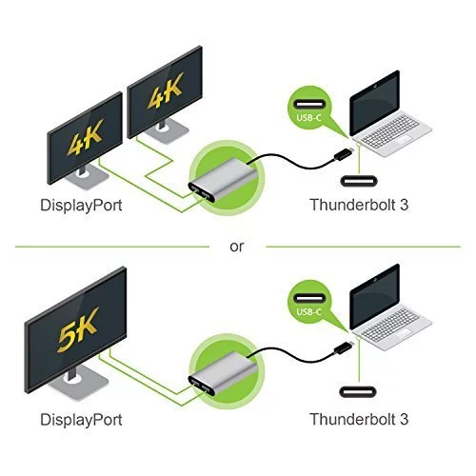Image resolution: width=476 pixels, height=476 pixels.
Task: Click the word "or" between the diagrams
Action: coord(237,247)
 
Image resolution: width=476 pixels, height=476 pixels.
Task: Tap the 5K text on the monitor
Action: coord(78,329)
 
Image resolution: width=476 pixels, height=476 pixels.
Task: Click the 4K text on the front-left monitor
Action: coord(85,137)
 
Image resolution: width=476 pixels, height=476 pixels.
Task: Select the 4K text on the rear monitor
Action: coord(165,90)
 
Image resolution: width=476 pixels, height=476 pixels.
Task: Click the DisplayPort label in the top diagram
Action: coord(81,206)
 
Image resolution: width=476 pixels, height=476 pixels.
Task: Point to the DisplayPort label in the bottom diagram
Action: coord(81,420)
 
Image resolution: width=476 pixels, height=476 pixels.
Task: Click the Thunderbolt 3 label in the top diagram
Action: coord(359,205)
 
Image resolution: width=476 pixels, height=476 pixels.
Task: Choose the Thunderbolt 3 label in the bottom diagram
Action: coord(359,419)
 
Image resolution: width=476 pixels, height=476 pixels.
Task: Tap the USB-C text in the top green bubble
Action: coord(308,118)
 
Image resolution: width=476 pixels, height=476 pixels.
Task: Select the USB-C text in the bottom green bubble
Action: coord(308,311)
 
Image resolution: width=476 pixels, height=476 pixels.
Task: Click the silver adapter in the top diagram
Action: coord(223,180)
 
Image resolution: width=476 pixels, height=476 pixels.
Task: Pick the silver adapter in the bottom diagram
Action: coord(223,373)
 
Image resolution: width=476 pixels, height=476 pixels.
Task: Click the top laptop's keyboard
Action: coord(389,130)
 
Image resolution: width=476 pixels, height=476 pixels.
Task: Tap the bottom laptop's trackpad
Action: coord(402,333)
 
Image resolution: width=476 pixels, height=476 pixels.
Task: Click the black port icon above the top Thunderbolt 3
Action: coord(359,181)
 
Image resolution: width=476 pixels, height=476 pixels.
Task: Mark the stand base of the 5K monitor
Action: coord(78,384)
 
